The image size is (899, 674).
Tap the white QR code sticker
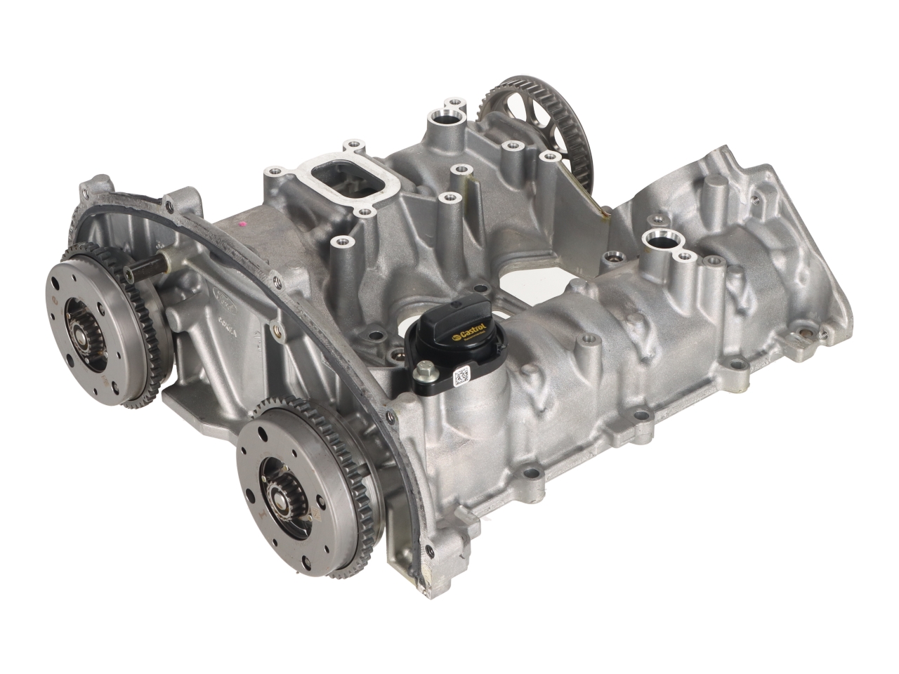[461, 376]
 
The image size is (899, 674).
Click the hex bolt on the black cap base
[426, 370]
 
